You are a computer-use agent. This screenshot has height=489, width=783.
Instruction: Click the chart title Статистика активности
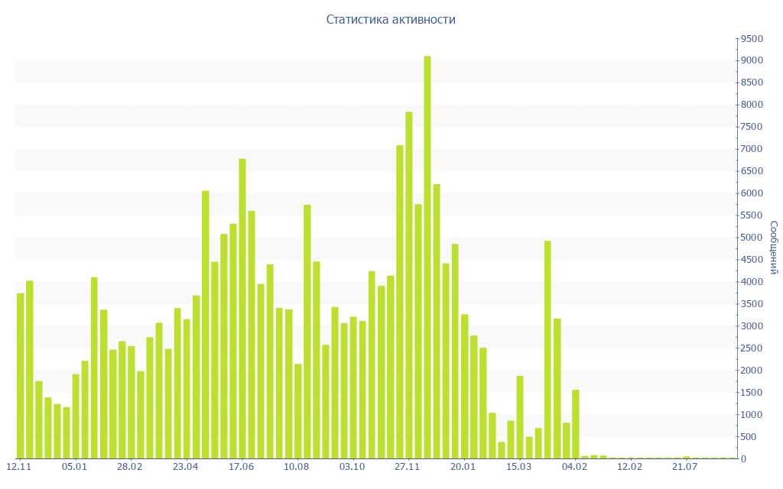point(391,20)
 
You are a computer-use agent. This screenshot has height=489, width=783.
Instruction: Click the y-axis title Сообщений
point(774,248)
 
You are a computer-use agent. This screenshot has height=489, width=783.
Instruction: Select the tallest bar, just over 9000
point(427,257)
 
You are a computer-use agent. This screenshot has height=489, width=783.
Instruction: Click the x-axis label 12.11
point(19,466)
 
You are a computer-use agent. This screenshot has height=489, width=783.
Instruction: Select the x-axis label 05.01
point(74,466)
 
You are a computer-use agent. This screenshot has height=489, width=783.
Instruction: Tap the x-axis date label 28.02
point(130,466)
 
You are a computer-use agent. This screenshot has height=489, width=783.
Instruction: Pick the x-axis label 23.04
point(186,466)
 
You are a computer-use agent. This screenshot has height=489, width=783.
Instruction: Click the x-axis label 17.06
point(242,466)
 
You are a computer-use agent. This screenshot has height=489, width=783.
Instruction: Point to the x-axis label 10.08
point(297,466)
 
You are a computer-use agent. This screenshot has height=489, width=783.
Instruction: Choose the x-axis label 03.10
point(353,466)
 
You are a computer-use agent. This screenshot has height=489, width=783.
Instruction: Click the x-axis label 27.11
point(408,466)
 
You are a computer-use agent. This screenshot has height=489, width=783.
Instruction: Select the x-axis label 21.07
point(686,466)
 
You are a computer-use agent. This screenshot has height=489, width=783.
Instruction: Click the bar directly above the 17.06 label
point(242,309)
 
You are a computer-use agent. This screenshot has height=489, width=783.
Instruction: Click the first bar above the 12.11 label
point(21,376)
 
